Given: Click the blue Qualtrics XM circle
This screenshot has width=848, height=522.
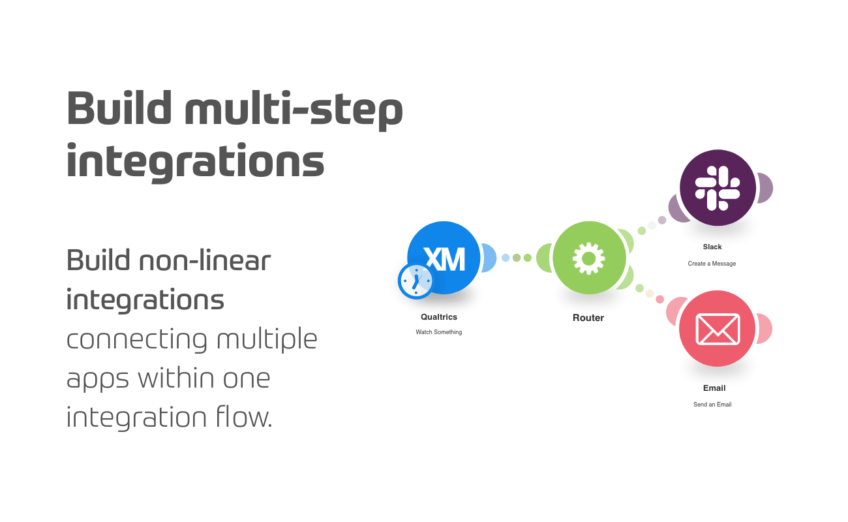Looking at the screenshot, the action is coord(444,258).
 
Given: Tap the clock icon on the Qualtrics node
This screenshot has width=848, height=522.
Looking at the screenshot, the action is coord(416,281).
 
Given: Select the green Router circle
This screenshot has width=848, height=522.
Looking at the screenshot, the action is coord(589,258).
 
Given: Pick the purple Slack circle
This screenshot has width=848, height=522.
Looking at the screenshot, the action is coord(718,187).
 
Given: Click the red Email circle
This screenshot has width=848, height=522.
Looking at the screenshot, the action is coord(717,328).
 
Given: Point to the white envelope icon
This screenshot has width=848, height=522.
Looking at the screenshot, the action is coord(718,329).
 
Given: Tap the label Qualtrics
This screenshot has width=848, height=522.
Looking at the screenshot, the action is coord(439,317).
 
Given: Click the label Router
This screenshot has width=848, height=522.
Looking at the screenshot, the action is coord(588,318).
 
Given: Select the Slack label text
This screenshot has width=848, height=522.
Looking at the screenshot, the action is coord(712,247).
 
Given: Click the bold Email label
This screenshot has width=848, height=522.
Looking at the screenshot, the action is coord(714,388).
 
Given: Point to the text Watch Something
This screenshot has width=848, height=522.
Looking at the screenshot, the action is coord(439,332).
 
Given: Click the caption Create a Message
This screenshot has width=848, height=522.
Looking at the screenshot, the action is coord(712,263).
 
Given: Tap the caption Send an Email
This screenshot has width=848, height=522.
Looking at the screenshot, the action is coord(712,404).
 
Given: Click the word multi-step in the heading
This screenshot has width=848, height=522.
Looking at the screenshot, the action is coord(294,110).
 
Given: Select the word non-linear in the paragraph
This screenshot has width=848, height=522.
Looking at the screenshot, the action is coord(205,260).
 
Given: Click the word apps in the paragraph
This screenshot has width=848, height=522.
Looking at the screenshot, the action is coord(98,380).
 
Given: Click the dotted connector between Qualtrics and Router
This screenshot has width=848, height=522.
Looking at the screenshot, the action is coord(517,258).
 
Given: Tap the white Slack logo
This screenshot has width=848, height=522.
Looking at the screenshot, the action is coord(718,188).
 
